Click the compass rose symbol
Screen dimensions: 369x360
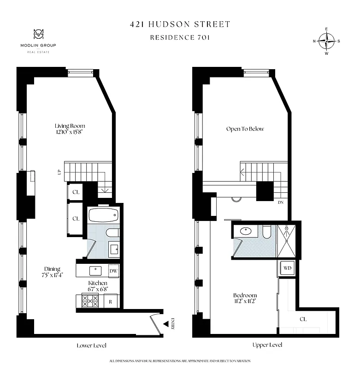[327, 41]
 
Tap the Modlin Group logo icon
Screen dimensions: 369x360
[38, 35]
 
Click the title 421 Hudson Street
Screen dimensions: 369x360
[180, 24]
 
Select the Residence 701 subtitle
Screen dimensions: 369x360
[180, 37]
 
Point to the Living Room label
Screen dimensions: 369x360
[70, 126]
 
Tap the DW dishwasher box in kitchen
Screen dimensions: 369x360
[113, 271]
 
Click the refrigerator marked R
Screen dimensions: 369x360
[111, 301]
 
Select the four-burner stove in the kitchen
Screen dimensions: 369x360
[90, 301]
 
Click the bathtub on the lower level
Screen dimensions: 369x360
[103, 216]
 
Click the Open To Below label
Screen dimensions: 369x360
[245, 129]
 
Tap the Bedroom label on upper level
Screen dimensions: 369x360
[245, 295]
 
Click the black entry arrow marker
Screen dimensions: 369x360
[165, 325]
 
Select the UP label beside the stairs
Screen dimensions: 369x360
[59, 172]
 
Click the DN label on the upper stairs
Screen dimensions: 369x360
[280, 202]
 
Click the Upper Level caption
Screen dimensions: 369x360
[267, 345]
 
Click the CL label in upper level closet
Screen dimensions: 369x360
[303, 319]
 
